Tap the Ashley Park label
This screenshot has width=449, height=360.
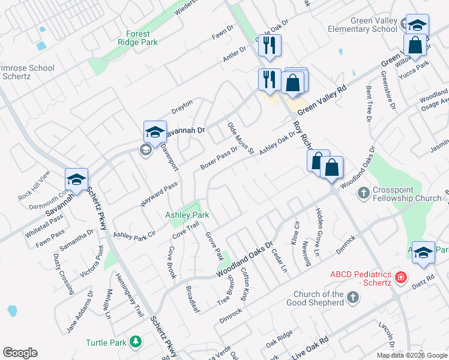(x=187, y=215)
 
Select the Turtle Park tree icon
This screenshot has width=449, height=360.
(x=137, y=342)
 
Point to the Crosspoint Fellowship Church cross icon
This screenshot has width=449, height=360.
(x=363, y=193)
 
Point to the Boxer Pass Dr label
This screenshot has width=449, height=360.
(x=219, y=157)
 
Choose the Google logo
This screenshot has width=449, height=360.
(x=20, y=353)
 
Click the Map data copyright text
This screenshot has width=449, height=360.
(x=412, y=355)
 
